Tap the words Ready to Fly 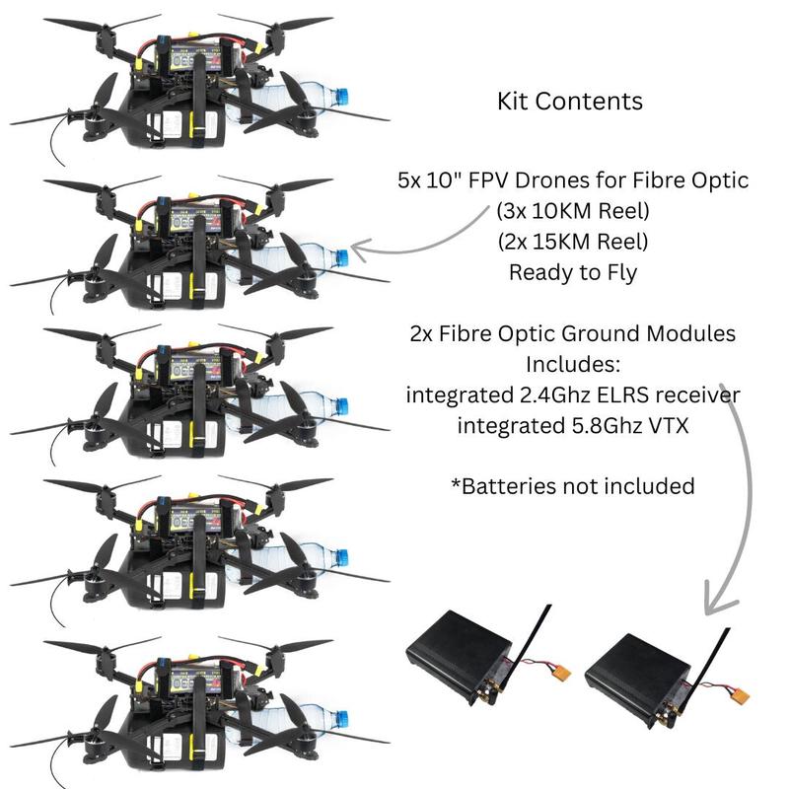pyautogui.click(x=572, y=272)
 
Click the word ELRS pyautogui.click(x=628, y=394)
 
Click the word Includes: pyautogui.click(x=572, y=364)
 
